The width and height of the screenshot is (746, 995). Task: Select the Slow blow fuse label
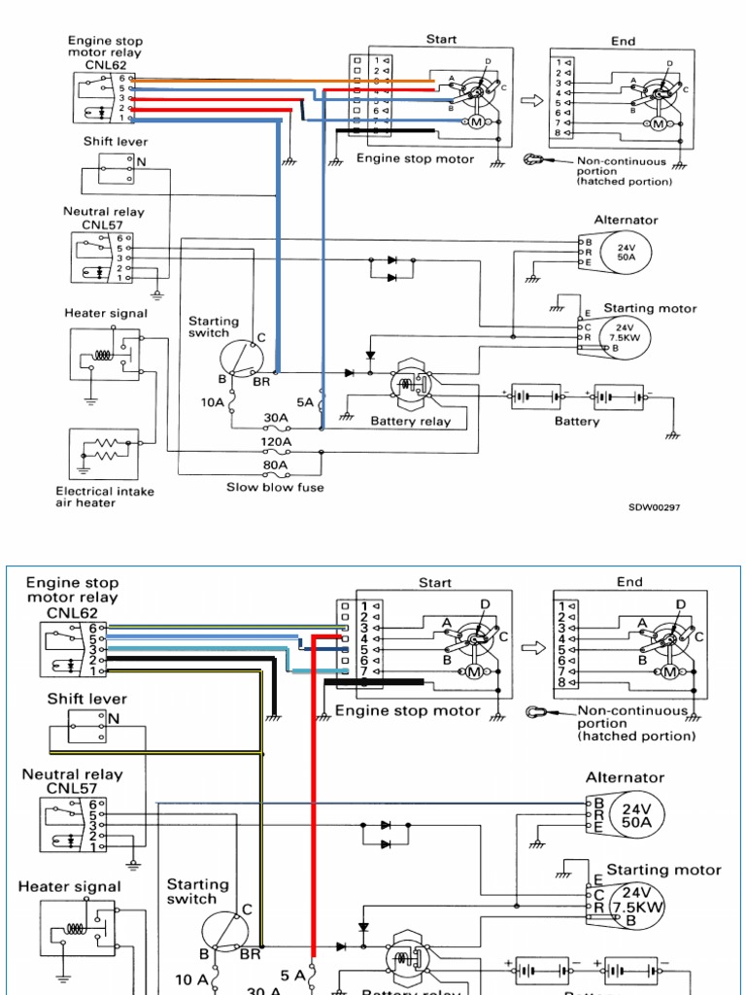coord(275,487)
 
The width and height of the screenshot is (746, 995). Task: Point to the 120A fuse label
coord(276,441)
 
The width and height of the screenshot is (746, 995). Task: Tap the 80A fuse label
coord(276,464)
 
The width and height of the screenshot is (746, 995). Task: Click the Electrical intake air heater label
coord(105,497)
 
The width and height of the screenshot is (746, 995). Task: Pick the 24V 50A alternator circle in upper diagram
coord(626,253)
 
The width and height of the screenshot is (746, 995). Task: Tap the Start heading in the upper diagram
coord(441,40)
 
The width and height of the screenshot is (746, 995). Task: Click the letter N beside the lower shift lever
coord(115,719)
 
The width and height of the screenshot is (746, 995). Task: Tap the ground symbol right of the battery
coord(672,433)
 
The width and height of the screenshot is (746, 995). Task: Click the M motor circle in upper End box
coord(659,123)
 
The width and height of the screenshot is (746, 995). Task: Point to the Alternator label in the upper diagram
coord(627,221)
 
